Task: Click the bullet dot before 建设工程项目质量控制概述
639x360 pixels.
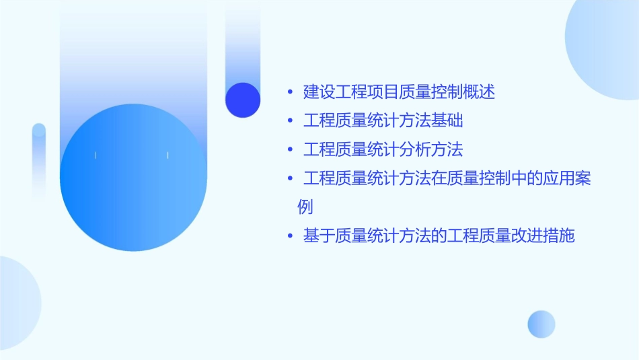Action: click(290, 92)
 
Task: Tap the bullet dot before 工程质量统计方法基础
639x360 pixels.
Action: click(290, 121)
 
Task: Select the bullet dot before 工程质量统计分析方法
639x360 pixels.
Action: click(290, 149)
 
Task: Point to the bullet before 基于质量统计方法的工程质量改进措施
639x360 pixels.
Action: click(290, 236)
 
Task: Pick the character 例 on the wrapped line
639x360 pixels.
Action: click(305, 207)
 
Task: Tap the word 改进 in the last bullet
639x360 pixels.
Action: click(527, 236)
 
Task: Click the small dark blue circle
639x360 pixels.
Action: click(243, 100)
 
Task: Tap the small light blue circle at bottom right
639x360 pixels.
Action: click(541, 324)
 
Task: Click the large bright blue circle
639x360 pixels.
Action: click(133, 178)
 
